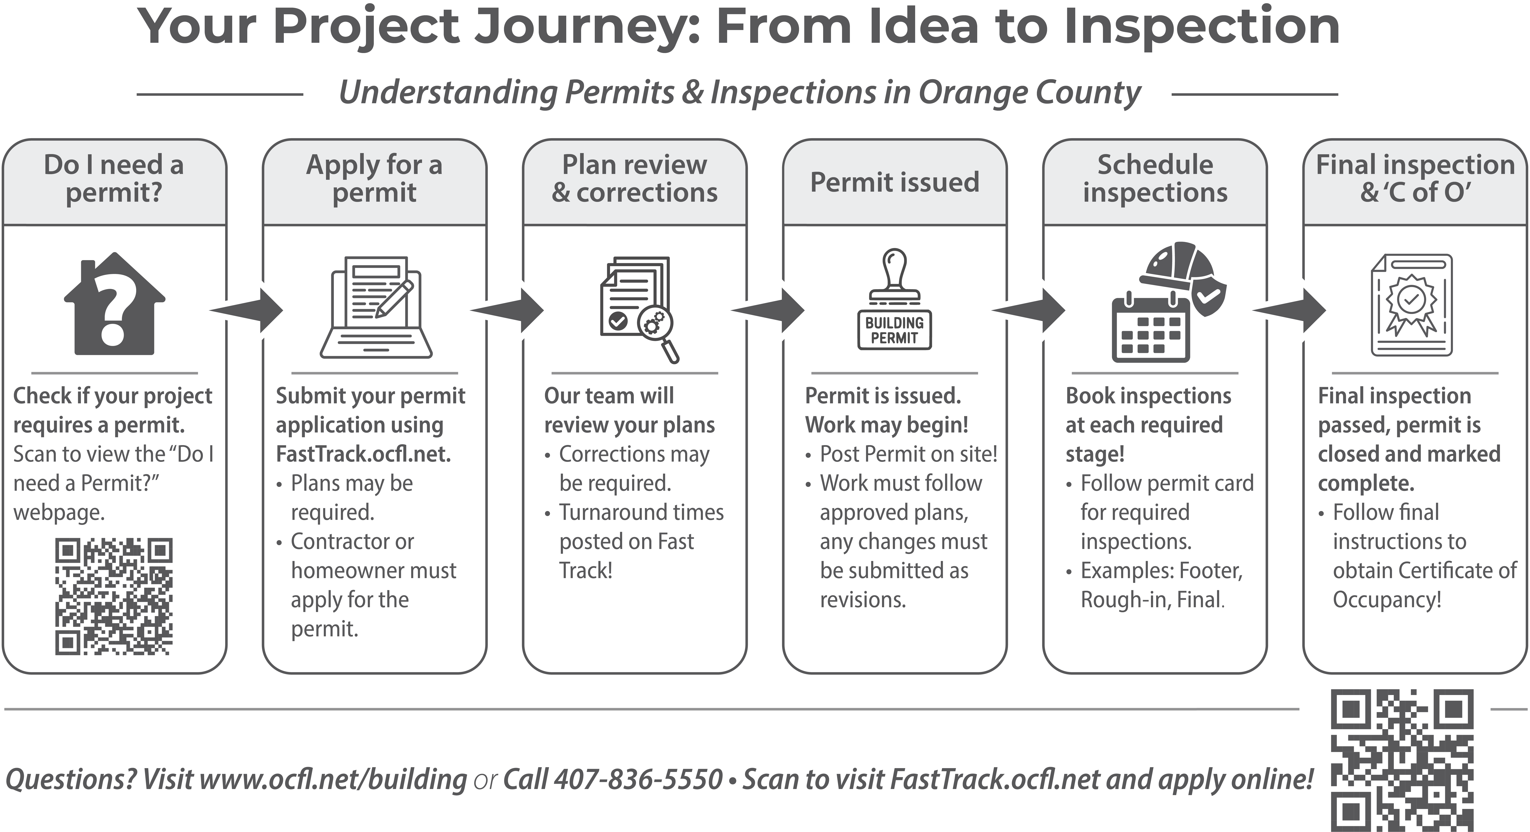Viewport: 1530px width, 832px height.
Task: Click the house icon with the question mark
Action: pos(114,304)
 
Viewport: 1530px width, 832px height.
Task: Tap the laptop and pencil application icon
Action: pos(375,308)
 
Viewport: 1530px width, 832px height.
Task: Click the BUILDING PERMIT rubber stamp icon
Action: pos(894,300)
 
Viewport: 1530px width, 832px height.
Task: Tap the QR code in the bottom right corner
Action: pos(1402,760)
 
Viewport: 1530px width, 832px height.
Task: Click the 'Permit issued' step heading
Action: pos(894,182)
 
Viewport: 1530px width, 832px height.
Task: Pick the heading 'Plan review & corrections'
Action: pos(634,178)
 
